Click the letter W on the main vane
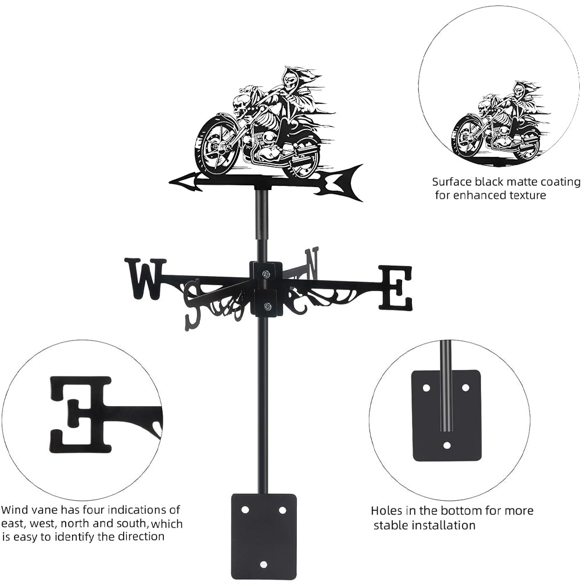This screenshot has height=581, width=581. tap(145, 278)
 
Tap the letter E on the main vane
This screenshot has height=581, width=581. tap(396, 288)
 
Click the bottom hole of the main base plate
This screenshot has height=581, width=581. tap(264, 564)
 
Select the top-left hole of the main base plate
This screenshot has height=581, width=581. tap(245, 510)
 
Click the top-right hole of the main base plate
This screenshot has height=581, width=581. tap(282, 510)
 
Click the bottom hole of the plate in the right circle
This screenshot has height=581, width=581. tap(447, 446)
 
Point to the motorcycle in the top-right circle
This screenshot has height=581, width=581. tap(497, 125)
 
